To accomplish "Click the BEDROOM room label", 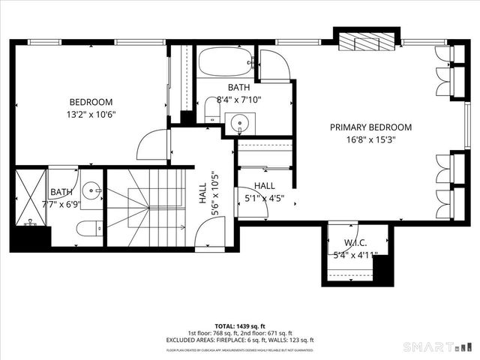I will coord(91,102).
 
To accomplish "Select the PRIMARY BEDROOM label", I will coord(370,127).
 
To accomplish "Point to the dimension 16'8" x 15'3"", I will coord(370,139).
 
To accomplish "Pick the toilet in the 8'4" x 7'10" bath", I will coord(212,112).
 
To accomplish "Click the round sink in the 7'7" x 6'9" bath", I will coord(91,190).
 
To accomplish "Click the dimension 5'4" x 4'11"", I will coord(353,255).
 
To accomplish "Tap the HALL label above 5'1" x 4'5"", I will coord(264,185).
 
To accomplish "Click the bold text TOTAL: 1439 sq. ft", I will coord(240,326).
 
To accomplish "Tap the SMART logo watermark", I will coord(439,346).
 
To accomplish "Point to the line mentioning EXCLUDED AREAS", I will coord(240,340).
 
